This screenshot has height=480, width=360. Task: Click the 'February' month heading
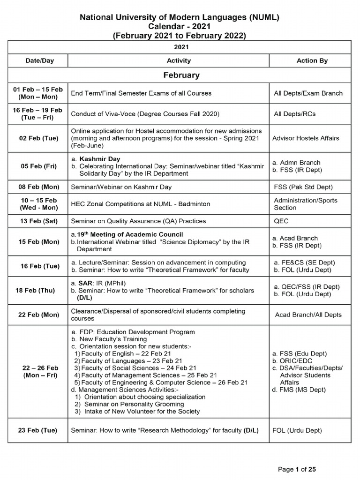pos(181,75)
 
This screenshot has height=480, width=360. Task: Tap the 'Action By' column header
pos(312,60)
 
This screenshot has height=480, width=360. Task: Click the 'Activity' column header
pos(179,60)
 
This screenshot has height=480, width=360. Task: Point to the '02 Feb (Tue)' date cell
pos(38,138)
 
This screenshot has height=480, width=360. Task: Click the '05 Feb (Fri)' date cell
pos(38,166)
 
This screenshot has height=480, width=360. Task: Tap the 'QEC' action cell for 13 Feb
pos(281,221)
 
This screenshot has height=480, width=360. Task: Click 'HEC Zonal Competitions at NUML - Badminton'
pos(140,204)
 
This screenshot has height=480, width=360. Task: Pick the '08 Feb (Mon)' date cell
pos(38,187)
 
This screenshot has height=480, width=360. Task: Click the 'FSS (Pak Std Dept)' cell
pos(303,187)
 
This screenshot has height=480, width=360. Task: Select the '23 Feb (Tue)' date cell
pos(38,430)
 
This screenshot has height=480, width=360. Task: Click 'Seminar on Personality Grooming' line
pos(134,404)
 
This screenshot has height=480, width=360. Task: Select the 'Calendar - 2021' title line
pos(179,27)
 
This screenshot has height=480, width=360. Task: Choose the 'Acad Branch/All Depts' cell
pos(308,315)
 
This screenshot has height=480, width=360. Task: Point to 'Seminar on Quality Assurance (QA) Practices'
pos(138,221)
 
